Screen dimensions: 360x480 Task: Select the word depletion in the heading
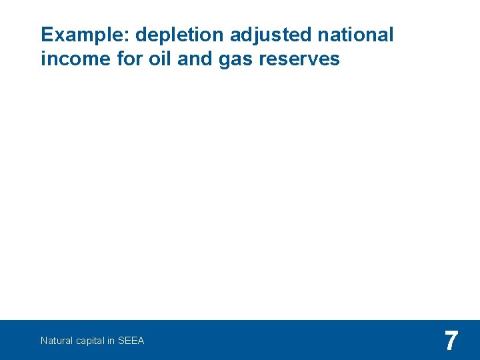[170, 35]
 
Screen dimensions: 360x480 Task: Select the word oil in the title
[155, 59]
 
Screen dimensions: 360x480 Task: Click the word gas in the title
[231, 60]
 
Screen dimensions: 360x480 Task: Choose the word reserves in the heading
[298, 59]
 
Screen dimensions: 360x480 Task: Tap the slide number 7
[451, 341]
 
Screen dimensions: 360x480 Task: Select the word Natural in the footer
[55, 341]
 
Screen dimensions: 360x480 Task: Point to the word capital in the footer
[89, 341]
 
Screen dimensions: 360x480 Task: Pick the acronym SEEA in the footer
[131, 341]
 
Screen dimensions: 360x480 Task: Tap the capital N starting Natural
[43, 341]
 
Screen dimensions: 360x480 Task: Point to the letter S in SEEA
[121, 341]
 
